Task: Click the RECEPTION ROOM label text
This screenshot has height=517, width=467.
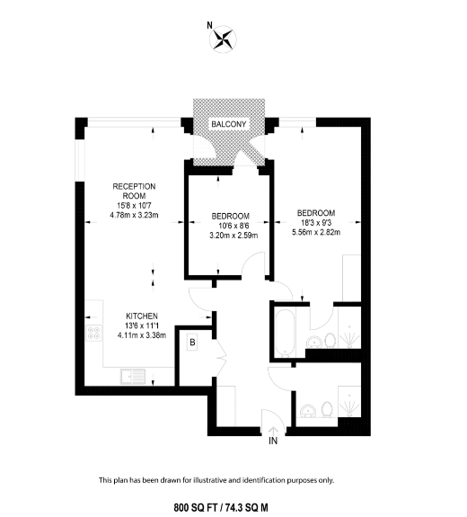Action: (x=128, y=191)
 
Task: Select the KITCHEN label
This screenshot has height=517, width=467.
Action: (x=141, y=316)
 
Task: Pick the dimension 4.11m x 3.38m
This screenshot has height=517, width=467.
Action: (x=141, y=336)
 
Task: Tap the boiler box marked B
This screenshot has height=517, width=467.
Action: (x=192, y=342)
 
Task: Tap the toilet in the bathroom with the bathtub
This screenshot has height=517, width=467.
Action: (x=328, y=341)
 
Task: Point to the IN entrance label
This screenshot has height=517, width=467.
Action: (x=273, y=440)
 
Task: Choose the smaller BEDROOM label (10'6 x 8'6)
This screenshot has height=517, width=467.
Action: (x=231, y=216)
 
